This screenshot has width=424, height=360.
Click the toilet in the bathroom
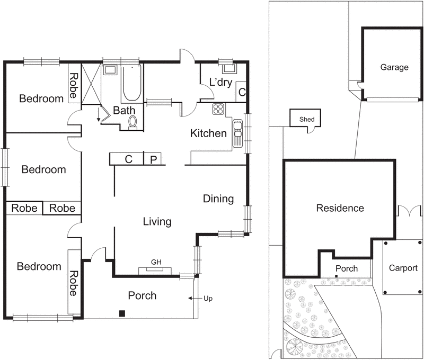pyautogui.click(x=133, y=122)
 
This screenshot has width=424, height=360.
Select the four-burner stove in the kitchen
pyautogui.click(x=218, y=110)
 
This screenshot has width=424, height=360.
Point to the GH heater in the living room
pyautogui.click(x=156, y=271)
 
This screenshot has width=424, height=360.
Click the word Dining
pyautogui.click(x=218, y=199)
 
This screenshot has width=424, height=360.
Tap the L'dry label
pyautogui.click(x=220, y=83)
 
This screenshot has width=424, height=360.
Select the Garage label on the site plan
pyautogui.click(x=394, y=67)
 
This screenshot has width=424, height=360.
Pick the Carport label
pyautogui.click(x=403, y=268)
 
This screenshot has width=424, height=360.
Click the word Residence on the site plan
pyautogui.click(x=340, y=208)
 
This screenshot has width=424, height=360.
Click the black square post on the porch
pyautogui.click(x=122, y=313)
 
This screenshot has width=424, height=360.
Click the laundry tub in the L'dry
pyautogui.click(x=228, y=67)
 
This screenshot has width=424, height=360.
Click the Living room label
pyautogui.click(x=157, y=221)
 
